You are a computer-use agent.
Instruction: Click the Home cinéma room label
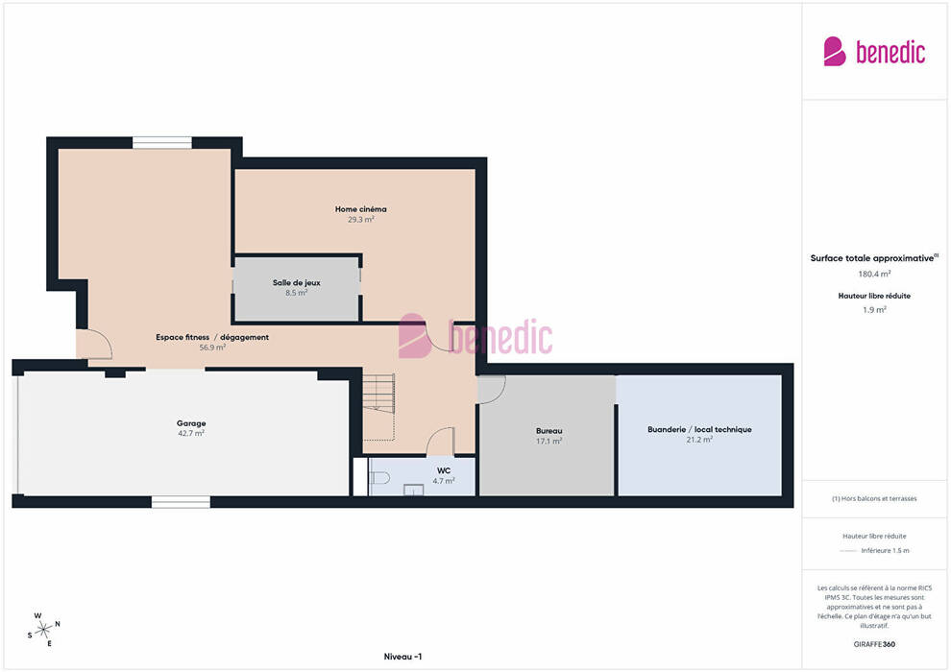360,209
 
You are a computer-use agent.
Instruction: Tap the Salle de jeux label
297,282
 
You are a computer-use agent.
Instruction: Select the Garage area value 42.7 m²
191,433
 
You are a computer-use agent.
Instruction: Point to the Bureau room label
549,431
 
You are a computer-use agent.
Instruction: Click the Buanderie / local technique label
699,429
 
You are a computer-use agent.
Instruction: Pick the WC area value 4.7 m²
444,481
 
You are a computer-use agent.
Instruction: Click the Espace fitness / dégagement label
212,337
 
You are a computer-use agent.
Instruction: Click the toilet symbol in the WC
379,478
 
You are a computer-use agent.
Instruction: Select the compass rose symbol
43,630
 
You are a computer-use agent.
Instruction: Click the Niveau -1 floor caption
402,657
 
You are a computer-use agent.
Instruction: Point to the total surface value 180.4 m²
874,274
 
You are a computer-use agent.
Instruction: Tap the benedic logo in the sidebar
874,52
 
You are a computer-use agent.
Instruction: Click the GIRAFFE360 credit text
874,644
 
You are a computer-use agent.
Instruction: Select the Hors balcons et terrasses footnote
874,498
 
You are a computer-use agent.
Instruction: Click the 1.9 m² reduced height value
874,310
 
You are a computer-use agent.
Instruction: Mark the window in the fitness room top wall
162,142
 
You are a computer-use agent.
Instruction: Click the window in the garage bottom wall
181,502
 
